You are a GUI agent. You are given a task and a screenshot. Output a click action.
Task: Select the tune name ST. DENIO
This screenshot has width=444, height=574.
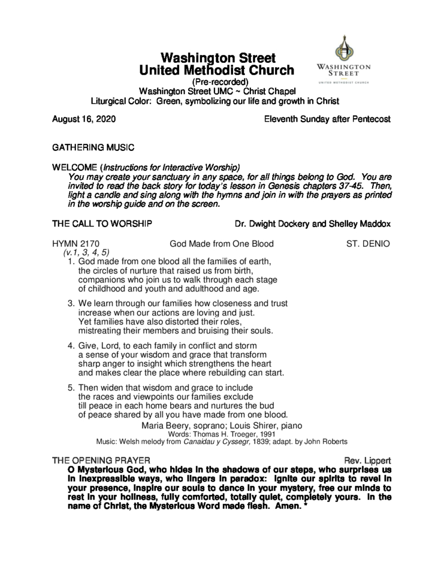368,244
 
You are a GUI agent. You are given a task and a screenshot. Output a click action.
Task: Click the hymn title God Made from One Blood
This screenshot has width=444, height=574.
222,244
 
